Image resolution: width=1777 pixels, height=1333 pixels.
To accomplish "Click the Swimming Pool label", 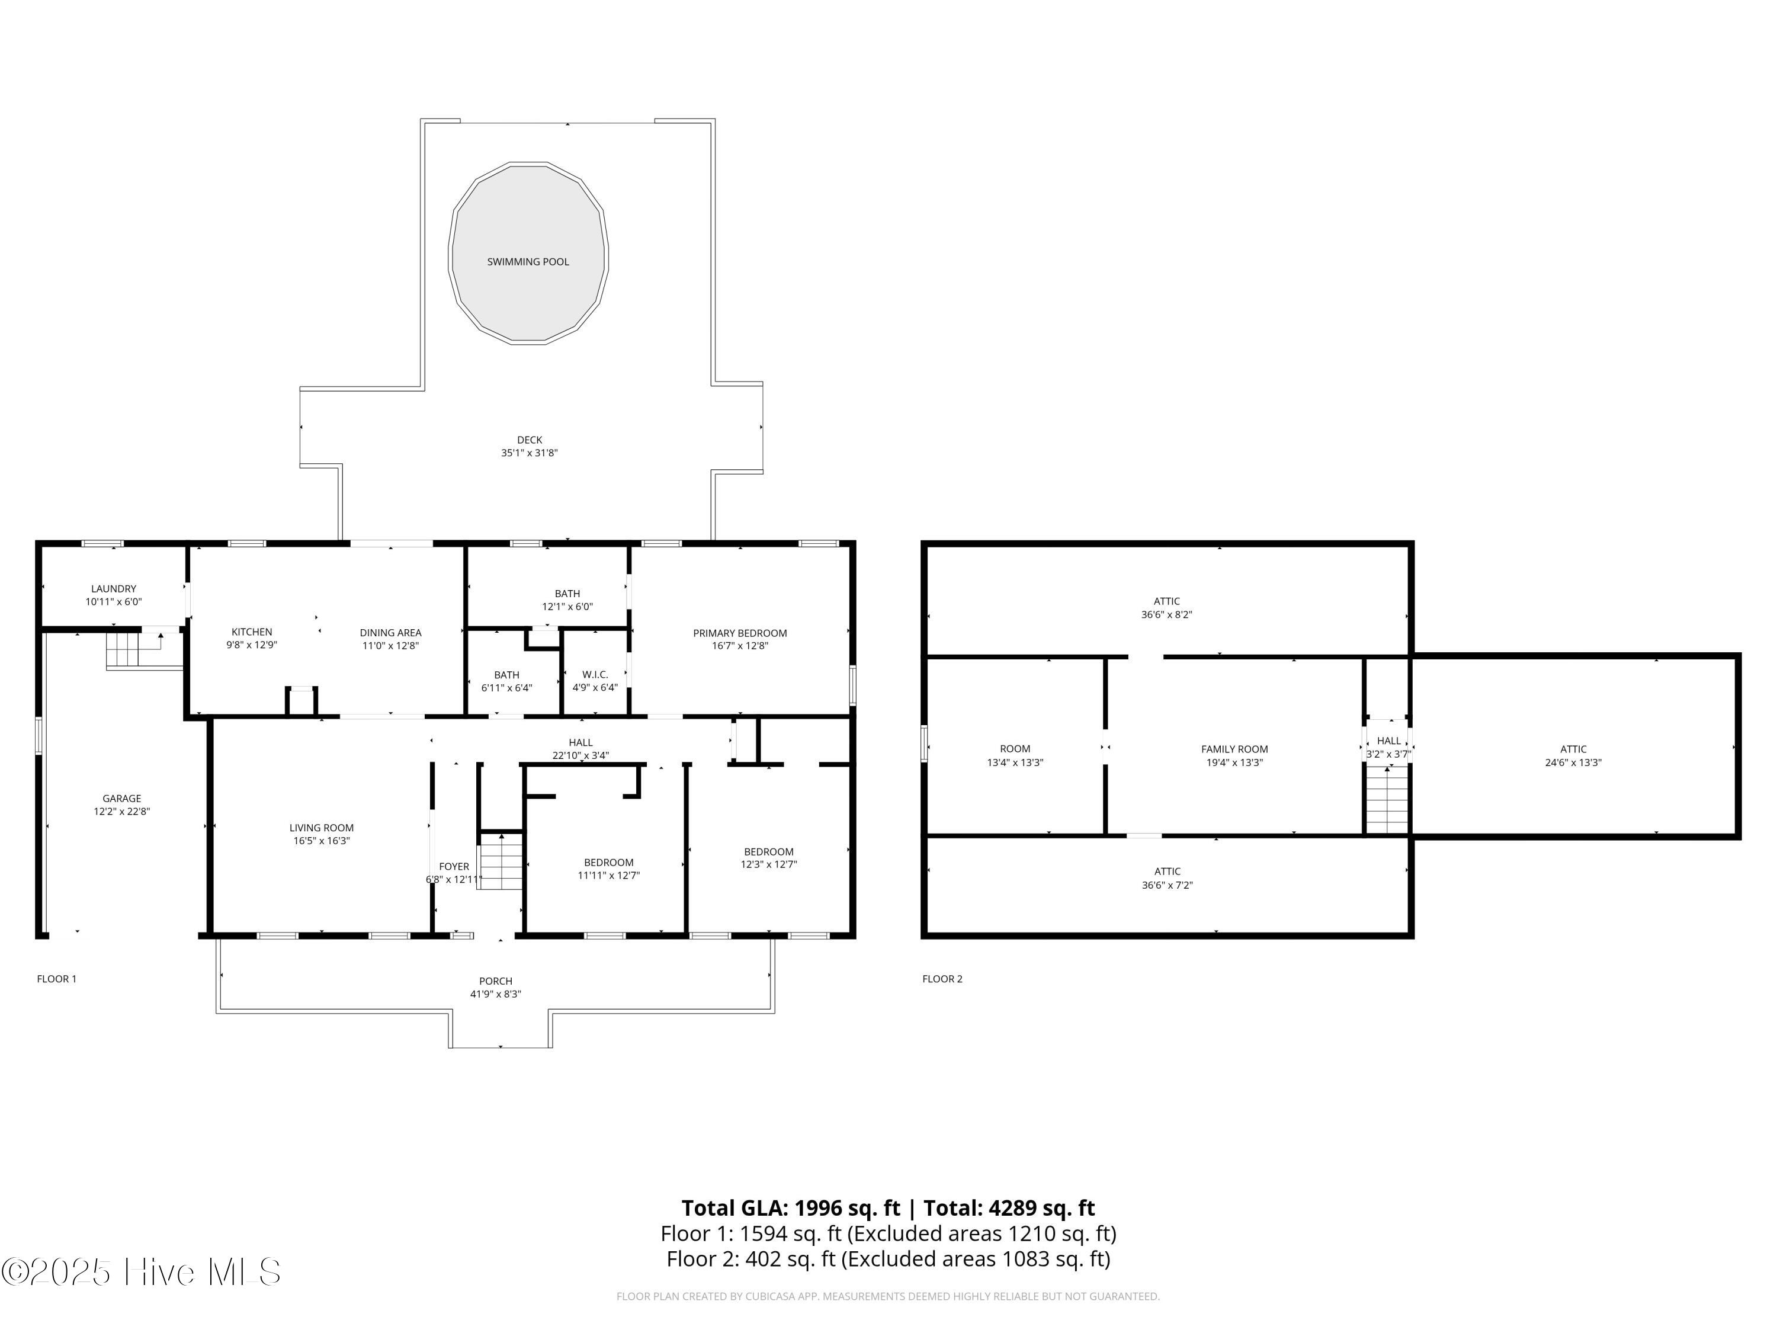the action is (x=528, y=262).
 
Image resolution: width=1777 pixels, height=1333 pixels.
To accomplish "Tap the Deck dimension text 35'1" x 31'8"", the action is (x=530, y=453).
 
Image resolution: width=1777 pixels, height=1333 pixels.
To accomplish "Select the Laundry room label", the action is (x=113, y=589).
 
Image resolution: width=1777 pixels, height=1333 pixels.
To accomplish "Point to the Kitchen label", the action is (x=252, y=632).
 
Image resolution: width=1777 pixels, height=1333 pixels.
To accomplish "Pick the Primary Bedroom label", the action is (x=740, y=633).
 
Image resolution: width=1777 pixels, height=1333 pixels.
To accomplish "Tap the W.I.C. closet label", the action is (x=595, y=675).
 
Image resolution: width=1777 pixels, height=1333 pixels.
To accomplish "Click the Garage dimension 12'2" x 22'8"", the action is (x=121, y=812).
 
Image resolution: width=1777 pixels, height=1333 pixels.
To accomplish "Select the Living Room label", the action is (x=321, y=828).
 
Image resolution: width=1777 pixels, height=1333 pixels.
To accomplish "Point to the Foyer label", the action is (x=454, y=866).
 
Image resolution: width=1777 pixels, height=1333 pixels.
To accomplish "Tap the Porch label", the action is (x=496, y=981).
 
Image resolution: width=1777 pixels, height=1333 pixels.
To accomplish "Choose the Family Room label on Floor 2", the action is (x=1235, y=749).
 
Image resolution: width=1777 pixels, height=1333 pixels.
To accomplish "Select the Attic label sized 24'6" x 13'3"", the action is (x=1573, y=749).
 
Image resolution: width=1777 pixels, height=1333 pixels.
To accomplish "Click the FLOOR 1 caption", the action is (x=56, y=979).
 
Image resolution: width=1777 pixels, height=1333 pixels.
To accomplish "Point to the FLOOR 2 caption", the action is (x=942, y=979).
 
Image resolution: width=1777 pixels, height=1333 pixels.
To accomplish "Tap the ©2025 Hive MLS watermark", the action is (x=142, y=1272).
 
